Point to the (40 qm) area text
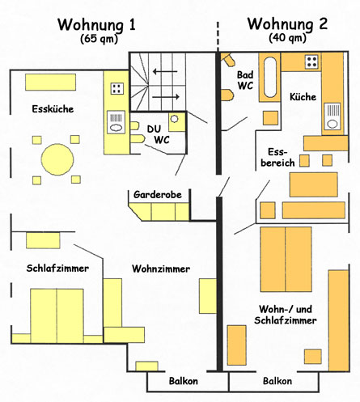coord(287,37)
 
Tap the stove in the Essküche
coord(117,89)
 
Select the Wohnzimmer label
coord(162,269)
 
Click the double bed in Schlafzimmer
coord(57,315)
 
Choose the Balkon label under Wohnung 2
coord(277,381)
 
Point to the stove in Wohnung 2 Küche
coord(311,62)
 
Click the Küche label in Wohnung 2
coord(303,97)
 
